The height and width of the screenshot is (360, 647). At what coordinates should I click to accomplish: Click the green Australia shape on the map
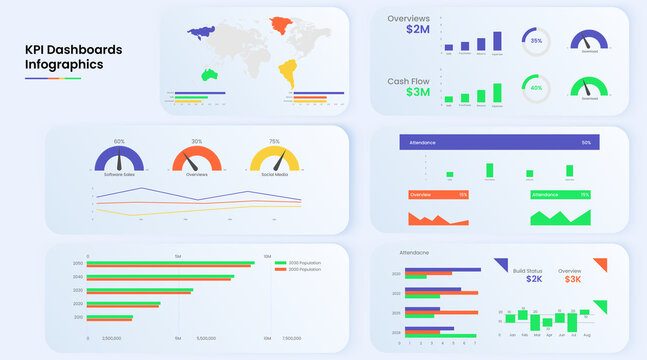tap(210, 75)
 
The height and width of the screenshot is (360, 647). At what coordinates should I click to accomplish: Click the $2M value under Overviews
tap(419, 30)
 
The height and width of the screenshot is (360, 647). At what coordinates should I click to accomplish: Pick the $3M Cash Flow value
tap(419, 92)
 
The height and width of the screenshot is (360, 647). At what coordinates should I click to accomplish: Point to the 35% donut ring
tap(536, 41)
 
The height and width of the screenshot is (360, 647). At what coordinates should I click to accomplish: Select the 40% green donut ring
tap(536, 87)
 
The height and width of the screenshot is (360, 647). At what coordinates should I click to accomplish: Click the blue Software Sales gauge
tap(119, 159)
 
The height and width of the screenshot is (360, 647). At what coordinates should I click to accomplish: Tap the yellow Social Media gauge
tap(274, 159)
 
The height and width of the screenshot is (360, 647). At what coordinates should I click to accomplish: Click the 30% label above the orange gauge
tap(197, 142)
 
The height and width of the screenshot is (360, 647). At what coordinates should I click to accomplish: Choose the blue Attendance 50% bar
tap(499, 143)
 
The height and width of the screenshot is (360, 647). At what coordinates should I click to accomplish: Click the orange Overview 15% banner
tap(438, 194)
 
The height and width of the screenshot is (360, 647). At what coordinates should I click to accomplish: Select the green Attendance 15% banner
tap(560, 194)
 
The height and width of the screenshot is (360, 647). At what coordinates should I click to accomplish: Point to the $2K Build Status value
tap(533, 279)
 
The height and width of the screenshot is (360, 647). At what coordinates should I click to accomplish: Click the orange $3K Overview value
tap(572, 279)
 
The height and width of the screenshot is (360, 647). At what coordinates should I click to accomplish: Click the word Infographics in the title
tap(64, 65)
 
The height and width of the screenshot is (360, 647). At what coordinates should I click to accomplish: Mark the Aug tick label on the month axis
tap(586, 336)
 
